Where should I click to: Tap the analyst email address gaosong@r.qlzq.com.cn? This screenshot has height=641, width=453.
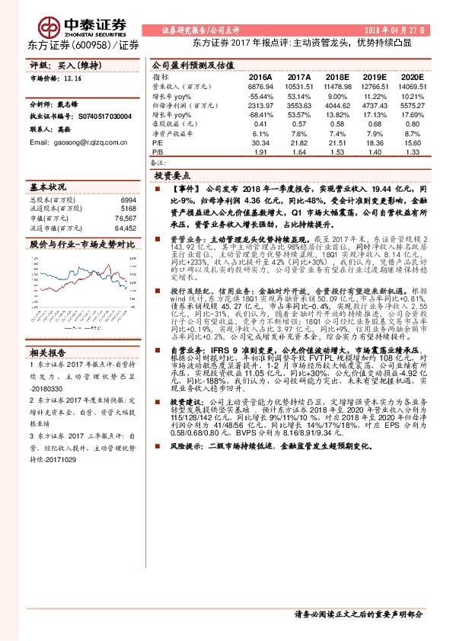click(75, 142)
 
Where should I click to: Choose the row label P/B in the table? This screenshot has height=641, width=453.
click(158, 151)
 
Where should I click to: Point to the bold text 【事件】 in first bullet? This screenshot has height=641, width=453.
click(187, 187)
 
